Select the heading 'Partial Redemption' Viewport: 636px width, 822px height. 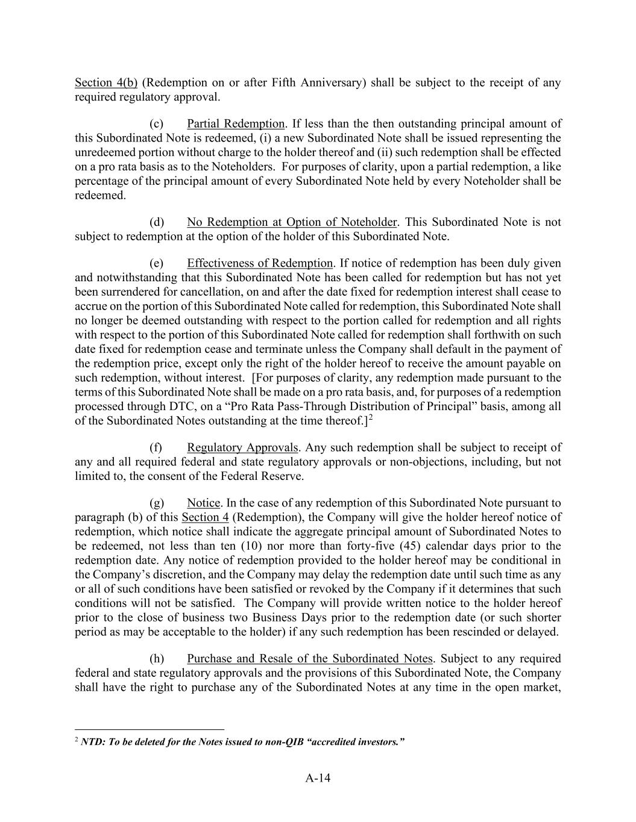(x=235, y=124)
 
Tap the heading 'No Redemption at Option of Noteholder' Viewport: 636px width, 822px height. (x=292, y=222)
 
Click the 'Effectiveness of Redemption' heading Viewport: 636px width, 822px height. (x=260, y=263)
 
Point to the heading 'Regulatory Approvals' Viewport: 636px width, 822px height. (x=242, y=447)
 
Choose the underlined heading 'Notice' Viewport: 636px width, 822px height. (x=204, y=503)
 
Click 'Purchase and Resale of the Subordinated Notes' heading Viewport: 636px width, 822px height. (x=309, y=658)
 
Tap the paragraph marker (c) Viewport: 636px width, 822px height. (x=156, y=124)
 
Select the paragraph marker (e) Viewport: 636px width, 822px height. (x=156, y=263)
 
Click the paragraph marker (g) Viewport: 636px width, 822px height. (x=156, y=503)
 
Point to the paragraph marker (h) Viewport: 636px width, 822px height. (x=156, y=658)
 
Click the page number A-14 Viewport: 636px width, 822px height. (x=318, y=777)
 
